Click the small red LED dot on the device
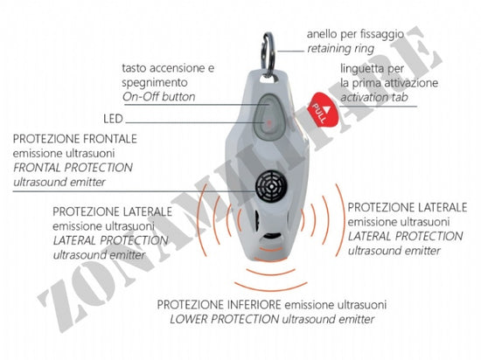point(269,123)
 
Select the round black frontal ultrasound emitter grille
point(271,187)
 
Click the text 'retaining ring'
point(340,49)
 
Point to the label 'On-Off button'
point(159,97)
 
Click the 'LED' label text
point(113,119)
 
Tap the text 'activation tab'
point(374,98)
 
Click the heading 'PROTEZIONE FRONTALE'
point(75,139)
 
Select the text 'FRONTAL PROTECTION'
point(73,168)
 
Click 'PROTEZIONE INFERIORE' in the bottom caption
point(219,305)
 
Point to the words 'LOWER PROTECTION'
point(224,319)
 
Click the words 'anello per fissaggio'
point(355,34)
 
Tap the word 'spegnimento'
point(155,83)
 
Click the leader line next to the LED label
point(195,123)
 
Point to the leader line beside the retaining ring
point(290,52)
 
